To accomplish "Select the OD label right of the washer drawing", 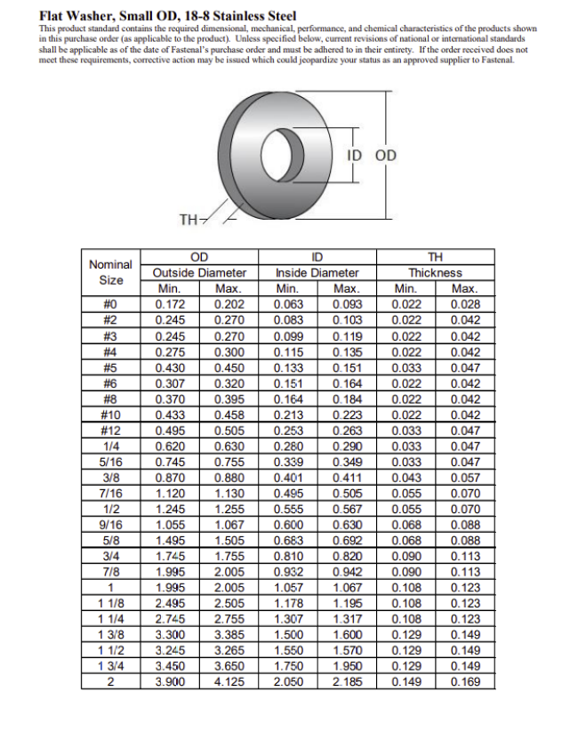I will pyautogui.click(x=386, y=156).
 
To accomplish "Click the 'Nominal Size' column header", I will pyautogui.click(x=111, y=272).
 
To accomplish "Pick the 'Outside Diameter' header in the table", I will pyautogui.click(x=199, y=273).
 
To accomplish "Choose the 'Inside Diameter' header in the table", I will pyautogui.click(x=317, y=273).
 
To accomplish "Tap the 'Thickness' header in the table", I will pyautogui.click(x=435, y=273).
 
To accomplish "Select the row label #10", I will pyautogui.click(x=111, y=415).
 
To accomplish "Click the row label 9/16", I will pyautogui.click(x=111, y=524).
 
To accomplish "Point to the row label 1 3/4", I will pyautogui.click(x=111, y=666).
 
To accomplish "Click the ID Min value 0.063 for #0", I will pyautogui.click(x=288, y=305).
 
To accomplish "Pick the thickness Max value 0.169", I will pyautogui.click(x=465, y=682).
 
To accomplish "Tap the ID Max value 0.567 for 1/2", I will pyautogui.click(x=347, y=509).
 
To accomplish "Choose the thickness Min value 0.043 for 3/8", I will pyautogui.click(x=406, y=477).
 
